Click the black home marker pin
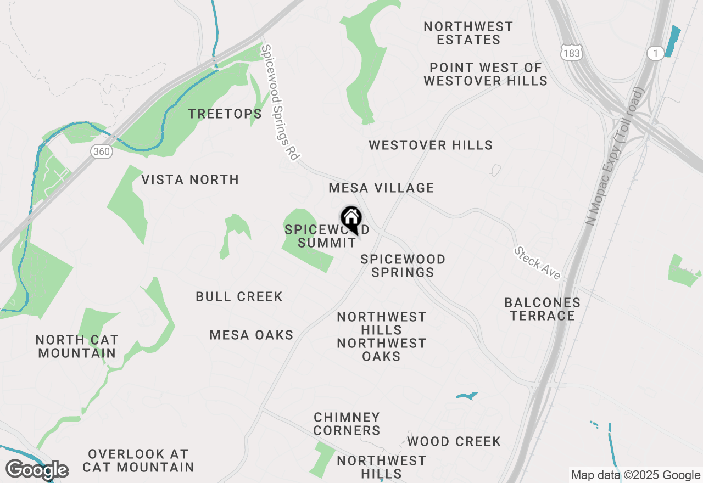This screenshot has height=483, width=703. tap(351, 220)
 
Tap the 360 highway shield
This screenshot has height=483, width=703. tap(102, 151)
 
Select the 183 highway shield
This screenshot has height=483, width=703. tap(572, 53)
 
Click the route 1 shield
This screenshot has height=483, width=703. tap(655, 53)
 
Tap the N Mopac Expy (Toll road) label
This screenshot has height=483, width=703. tap(615, 156)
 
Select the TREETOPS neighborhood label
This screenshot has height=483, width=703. tap(225, 114)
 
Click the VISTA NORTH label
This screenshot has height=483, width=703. tap(190, 179)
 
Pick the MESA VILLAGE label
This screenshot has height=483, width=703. tap(381, 188)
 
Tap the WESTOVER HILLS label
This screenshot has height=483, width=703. tap(431, 145)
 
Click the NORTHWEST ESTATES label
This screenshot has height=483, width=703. tap(468, 33)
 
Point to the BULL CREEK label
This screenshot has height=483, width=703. tap(239, 297)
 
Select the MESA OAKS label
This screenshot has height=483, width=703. tap(252, 335)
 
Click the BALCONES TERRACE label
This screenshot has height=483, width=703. tap(542, 309)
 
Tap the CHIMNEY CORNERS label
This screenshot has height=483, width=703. tap(347, 424)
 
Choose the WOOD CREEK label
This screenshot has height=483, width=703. tap(454, 441)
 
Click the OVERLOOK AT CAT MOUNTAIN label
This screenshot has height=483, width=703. tap(138, 460)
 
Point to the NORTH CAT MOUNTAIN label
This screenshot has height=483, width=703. tap(77, 346)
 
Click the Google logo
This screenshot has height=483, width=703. tap(37, 470)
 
